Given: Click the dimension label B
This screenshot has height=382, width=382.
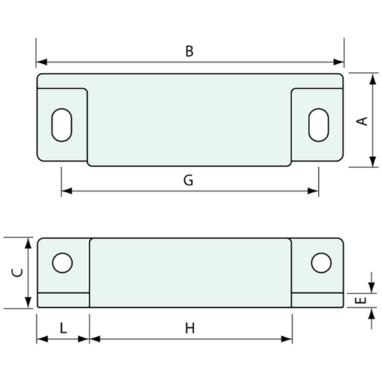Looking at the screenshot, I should click(189, 51).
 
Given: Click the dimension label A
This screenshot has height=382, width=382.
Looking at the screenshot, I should click(363, 120).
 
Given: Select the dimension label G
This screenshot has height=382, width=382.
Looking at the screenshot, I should click(188, 180).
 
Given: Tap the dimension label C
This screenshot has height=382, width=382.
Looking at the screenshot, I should click(19, 272).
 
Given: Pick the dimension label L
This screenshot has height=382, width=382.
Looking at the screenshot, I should click(63, 328).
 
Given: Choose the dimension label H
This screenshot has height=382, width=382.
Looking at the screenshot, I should click(190, 328).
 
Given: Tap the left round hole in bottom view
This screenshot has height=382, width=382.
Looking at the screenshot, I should click(62, 263).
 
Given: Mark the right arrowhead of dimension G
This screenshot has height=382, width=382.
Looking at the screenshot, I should click(313, 191).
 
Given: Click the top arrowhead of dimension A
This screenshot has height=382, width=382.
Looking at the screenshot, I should click(373, 78).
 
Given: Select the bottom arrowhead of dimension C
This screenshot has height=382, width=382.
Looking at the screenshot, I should click(28, 303).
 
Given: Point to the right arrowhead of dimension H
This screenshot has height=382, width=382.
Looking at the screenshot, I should click(287, 338).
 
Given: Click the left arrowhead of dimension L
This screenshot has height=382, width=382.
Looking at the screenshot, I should click(42, 338).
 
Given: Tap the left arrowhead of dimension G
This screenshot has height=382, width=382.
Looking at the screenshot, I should click(66, 191).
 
